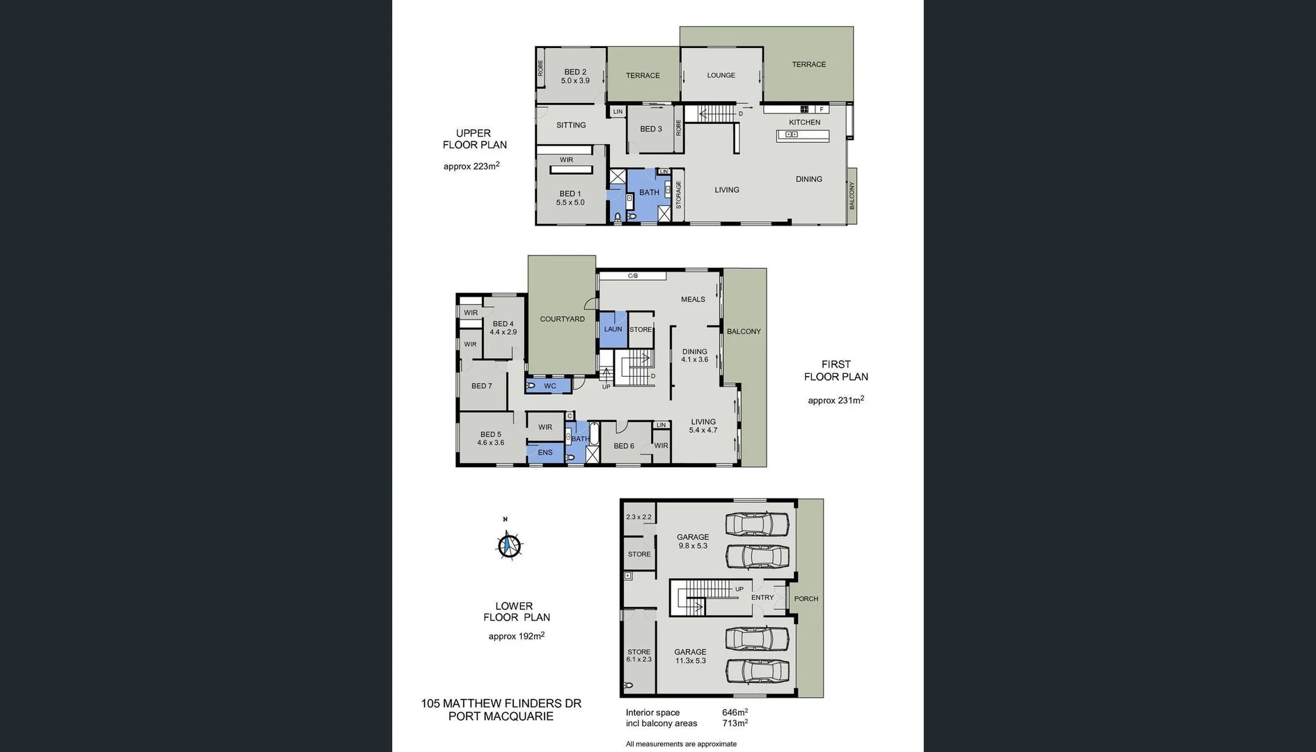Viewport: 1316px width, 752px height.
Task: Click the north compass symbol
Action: pyautogui.click(x=509, y=545)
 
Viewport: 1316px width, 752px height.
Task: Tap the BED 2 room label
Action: pyautogui.click(x=575, y=72)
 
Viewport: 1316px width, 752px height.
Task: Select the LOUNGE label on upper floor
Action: pyautogui.click(x=721, y=75)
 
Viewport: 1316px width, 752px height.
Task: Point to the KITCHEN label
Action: pyautogui.click(x=804, y=122)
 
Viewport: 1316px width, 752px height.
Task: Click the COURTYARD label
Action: pyautogui.click(x=562, y=319)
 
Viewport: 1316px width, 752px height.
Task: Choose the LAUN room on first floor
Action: pyautogui.click(x=613, y=329)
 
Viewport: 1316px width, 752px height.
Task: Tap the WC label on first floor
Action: pyautogui.click(x=549, y=386)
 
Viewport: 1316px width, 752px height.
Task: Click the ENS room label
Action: pyautogui.click(x=545, y=453)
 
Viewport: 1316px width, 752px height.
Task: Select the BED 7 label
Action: pyautogui.click(x=481, y=386)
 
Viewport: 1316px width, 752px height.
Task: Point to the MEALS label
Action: pyautogui.click(x=693, y=299)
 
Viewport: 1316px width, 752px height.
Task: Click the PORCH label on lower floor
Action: pyautogui.click(x=806, y=599)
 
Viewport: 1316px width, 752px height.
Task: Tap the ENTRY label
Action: pyautogui.click(x=762, y=597)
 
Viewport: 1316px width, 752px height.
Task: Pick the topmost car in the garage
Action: pyautogui.click(x=757, y=524)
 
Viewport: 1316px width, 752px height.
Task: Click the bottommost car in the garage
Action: pyautogui.click(x=757, y=671)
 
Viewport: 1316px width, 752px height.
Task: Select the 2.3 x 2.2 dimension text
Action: pyautogui.click(x=639, y=517)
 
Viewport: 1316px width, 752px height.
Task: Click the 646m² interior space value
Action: pyautogui.click(x=735, y=712)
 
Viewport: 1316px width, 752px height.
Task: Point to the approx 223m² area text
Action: pyautogui.click(x=471, y=166)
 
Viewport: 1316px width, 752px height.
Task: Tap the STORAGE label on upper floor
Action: pyautogui.click(x=679, y=195)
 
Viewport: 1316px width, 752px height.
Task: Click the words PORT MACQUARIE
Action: pyautogui.click(x=501, y=716)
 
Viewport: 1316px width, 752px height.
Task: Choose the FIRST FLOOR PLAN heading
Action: pyautogui.click(x=836, y=370)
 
